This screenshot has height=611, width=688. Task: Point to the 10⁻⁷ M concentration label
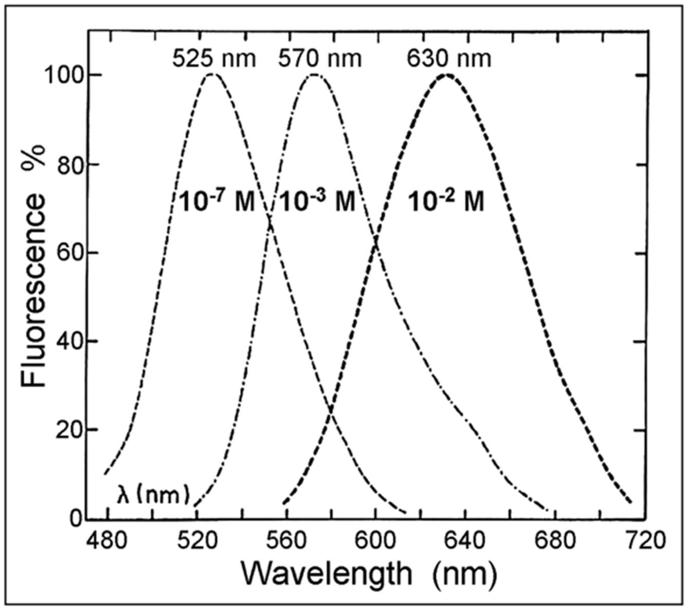pos(216,202)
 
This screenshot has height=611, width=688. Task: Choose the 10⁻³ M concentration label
pos(317,202)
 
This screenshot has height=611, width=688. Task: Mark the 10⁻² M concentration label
pos(446,202)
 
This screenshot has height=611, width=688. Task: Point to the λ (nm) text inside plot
pos(153,496)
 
